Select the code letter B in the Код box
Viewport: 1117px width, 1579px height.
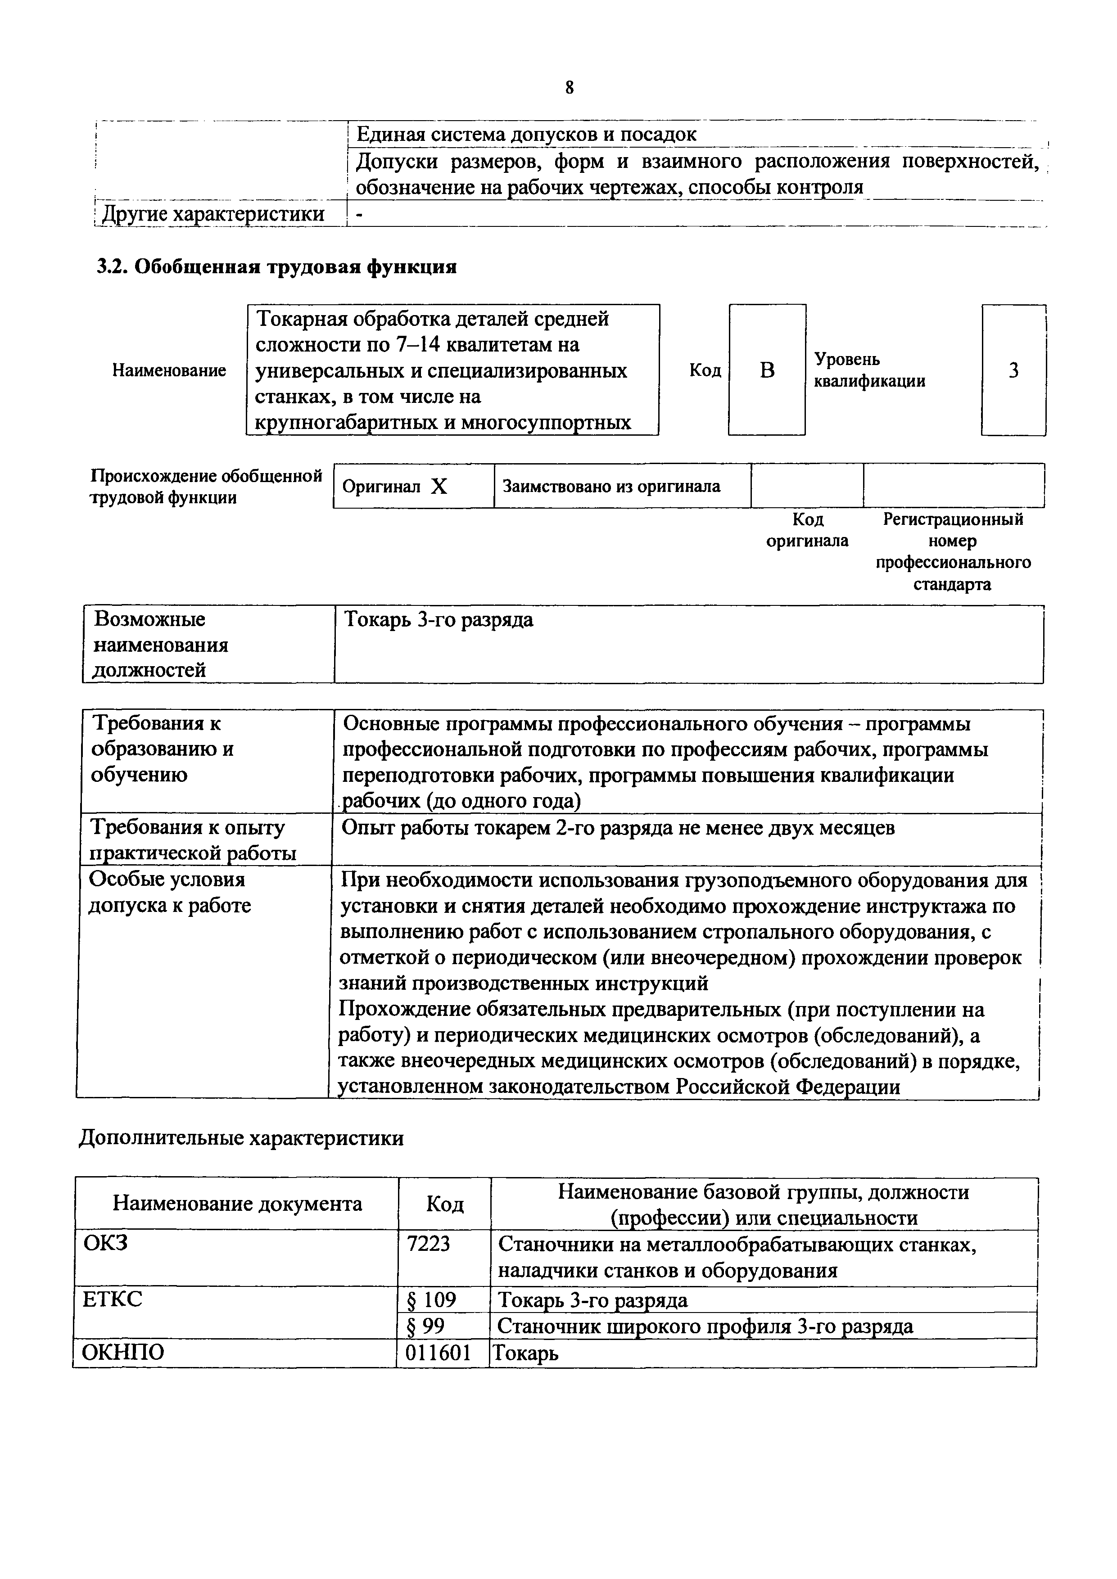coord(767,371)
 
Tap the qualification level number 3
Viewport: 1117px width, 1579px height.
coord(1013,371)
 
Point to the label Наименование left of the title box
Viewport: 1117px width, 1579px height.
coord(169,371)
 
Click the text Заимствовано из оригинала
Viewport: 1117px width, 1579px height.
coord(611,486)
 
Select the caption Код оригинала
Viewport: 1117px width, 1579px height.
coord(808,529)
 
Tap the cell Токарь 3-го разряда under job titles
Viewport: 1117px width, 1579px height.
coord(438,620)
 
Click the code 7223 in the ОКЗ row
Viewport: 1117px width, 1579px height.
coord(429,1243)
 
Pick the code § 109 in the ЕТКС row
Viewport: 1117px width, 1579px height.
coord(431,1299)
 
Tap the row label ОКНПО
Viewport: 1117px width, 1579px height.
coord(123,1353)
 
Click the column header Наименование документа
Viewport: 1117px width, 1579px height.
coord(237,1204)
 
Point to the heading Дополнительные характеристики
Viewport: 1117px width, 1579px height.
coord(241,1138)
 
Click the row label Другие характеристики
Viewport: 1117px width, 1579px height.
coord(213,214)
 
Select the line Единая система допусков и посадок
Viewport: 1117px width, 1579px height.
coord(526,134)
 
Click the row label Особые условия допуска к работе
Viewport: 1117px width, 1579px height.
coord(169,893)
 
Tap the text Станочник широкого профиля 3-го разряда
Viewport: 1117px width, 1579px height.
coord(705,1326)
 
